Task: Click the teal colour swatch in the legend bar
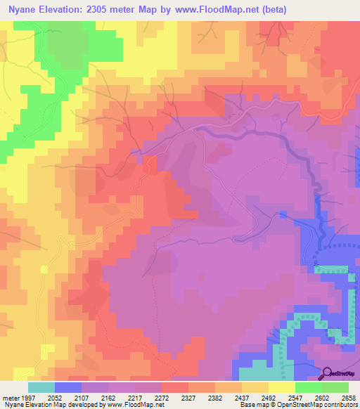click(x=41, y=387)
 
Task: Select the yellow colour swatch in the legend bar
click(x=282, y=387)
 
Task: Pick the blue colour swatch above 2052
click(x=68, y=387)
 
